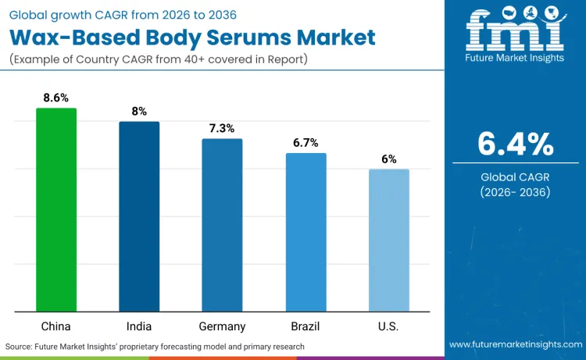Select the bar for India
pos(139,216)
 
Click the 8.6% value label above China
pos(56,98)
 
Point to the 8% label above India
pos(139,112)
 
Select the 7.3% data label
pos(222,128)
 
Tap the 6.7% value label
pos(306,142)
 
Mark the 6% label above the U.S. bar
pos(389,159)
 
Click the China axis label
pos(56,326)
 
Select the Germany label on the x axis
pos(222,326)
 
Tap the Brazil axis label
pos(306,326)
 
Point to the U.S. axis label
pos(389,326)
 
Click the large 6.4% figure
pos(516,144)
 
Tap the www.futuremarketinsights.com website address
pos(516,344)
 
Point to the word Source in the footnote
pos(20,346)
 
